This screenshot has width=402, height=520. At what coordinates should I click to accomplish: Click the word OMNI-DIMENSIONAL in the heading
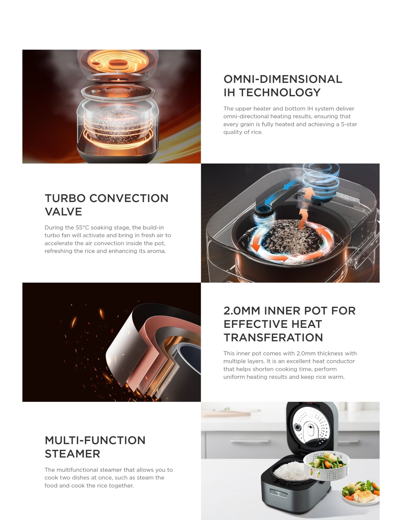pyautogui.click(x=283, y=79)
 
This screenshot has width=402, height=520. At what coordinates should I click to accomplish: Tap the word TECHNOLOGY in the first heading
pyautogui.click(x=280, y=93)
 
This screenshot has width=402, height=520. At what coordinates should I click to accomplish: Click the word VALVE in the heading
pyautogui.click(x=63, y=212)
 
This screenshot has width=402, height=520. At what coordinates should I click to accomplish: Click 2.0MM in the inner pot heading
pyautogui.click(x=242, y=311)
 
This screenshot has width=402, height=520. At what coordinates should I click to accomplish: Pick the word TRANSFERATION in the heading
pyautogui.click(x=273, y=337)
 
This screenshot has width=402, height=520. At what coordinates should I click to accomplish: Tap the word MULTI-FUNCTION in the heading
pyautogui.click(x=95, y=440)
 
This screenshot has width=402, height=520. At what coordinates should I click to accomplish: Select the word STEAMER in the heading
pyautogui.click(x=72, y=454)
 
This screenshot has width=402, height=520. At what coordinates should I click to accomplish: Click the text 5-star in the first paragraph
pyautogui.click(x=349, y=124)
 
